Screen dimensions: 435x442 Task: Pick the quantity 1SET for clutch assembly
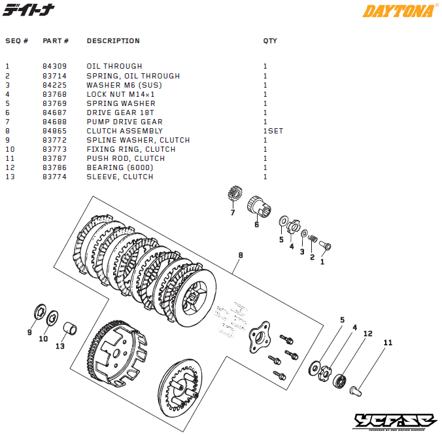tap(273, 131)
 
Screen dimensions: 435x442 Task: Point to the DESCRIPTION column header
tap(113, 41)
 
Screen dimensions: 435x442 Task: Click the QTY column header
tap(270, 41)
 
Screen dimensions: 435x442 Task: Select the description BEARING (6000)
tap(114, 167)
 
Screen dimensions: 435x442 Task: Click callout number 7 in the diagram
tap(232, 213)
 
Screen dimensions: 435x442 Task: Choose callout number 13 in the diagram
tap(60, 346)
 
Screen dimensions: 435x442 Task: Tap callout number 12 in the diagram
tap(367, 334)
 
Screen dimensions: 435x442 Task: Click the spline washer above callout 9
tap(39, 312)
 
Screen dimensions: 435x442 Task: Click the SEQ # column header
tap(17, 41)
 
